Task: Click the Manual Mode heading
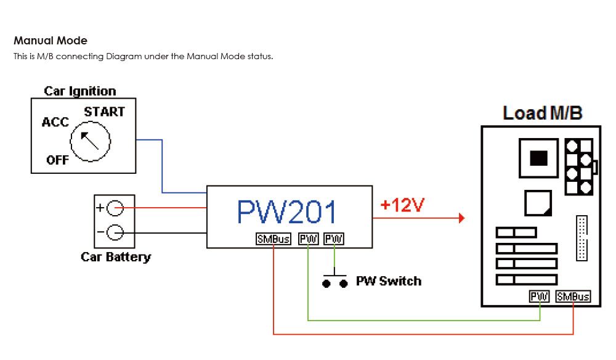[51, 41]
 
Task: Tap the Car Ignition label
[80, 91]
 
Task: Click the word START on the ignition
[104, 112]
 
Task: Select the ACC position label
[55, 122]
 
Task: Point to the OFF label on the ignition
[57, 161]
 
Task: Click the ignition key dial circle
[90, 141]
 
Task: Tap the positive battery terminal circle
[115, 209]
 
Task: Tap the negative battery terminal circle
[115, 232]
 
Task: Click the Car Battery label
[116, 257]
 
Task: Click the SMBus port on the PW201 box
[274, 239]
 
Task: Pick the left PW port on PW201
[308, 239]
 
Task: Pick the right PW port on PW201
[334, 239]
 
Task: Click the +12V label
[402, 205]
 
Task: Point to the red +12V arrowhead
[460, 218]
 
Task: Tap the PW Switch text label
[389, 281]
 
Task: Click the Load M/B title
[542, 113]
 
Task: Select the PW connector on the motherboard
[539, 297]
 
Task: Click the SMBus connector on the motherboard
[573, 297]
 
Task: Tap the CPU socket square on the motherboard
[538, 158]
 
